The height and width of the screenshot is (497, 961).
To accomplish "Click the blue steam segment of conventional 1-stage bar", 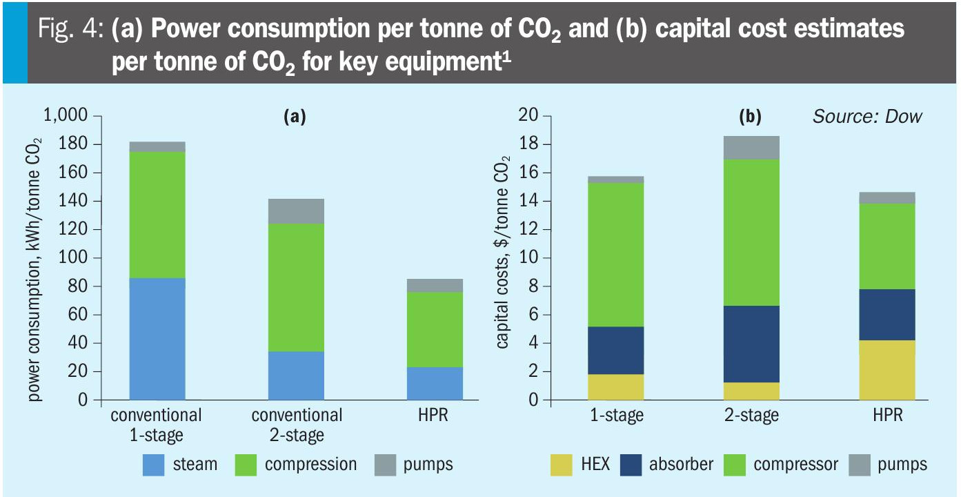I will click(157, 339).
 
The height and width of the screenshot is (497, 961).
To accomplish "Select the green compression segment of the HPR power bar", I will click(435, 329).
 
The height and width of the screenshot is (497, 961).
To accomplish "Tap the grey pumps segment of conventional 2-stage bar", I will click(296, 211).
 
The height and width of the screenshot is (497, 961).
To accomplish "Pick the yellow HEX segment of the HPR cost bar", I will click(887, 370).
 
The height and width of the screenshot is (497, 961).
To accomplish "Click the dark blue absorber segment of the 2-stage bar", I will click(751, 344).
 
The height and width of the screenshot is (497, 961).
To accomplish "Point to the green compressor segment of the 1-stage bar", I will click(615, 255).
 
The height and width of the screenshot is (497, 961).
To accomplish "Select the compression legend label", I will click(310, 465).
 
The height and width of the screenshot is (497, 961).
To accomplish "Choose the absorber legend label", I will click(681, 465).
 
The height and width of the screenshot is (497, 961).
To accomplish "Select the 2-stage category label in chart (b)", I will click(751, 416).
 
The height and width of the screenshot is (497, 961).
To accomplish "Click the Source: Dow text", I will click(866, 116).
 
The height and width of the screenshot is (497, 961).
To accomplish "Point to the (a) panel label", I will click(295, 117).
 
